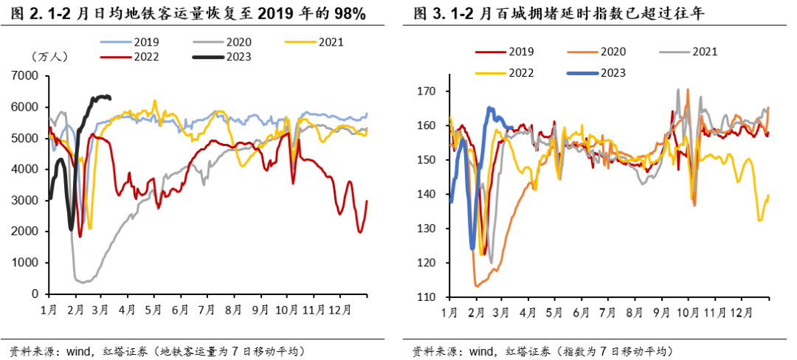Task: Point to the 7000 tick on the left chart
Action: (25, 75)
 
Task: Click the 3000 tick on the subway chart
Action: (25, 200)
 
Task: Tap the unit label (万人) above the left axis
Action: (49, 57)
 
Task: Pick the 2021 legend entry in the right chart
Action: (703, 52)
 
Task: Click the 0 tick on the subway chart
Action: (34, 294)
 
